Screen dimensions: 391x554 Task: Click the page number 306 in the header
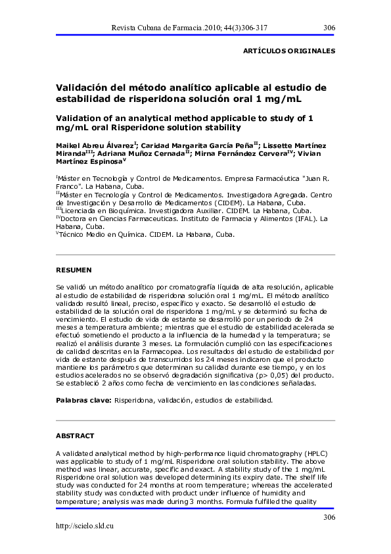(x=329, y=27)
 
